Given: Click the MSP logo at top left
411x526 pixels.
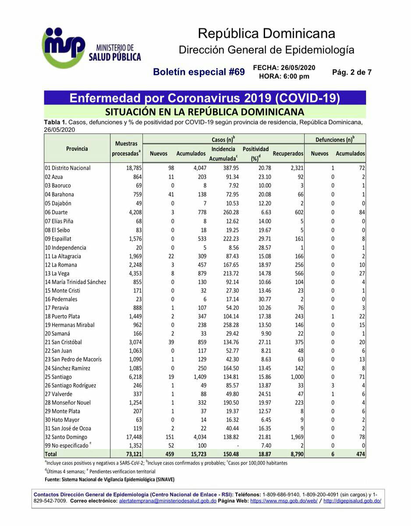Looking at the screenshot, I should tap(64, 47).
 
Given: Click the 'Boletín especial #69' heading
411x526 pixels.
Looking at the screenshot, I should tap(199, 72).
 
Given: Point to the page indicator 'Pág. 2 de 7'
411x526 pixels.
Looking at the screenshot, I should tap(352, 72).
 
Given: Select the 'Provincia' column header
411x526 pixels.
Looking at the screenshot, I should tap(77, 149).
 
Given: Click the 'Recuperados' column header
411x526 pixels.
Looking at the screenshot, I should tap(288, 154).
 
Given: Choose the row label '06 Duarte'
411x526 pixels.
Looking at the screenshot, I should tap(60, 212).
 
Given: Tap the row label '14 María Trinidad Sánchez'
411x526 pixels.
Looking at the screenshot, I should tap(75, 282).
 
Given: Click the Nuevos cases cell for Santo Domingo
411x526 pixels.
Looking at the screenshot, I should tap(167, 437).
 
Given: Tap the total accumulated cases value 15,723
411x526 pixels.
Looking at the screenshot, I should tap(195, 455).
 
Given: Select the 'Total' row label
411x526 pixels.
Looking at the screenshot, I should tap(51, 455).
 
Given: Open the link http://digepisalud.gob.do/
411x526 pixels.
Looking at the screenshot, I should tap(352, 501).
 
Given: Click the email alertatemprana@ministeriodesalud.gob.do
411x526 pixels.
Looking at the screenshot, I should tap(168, 501).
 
